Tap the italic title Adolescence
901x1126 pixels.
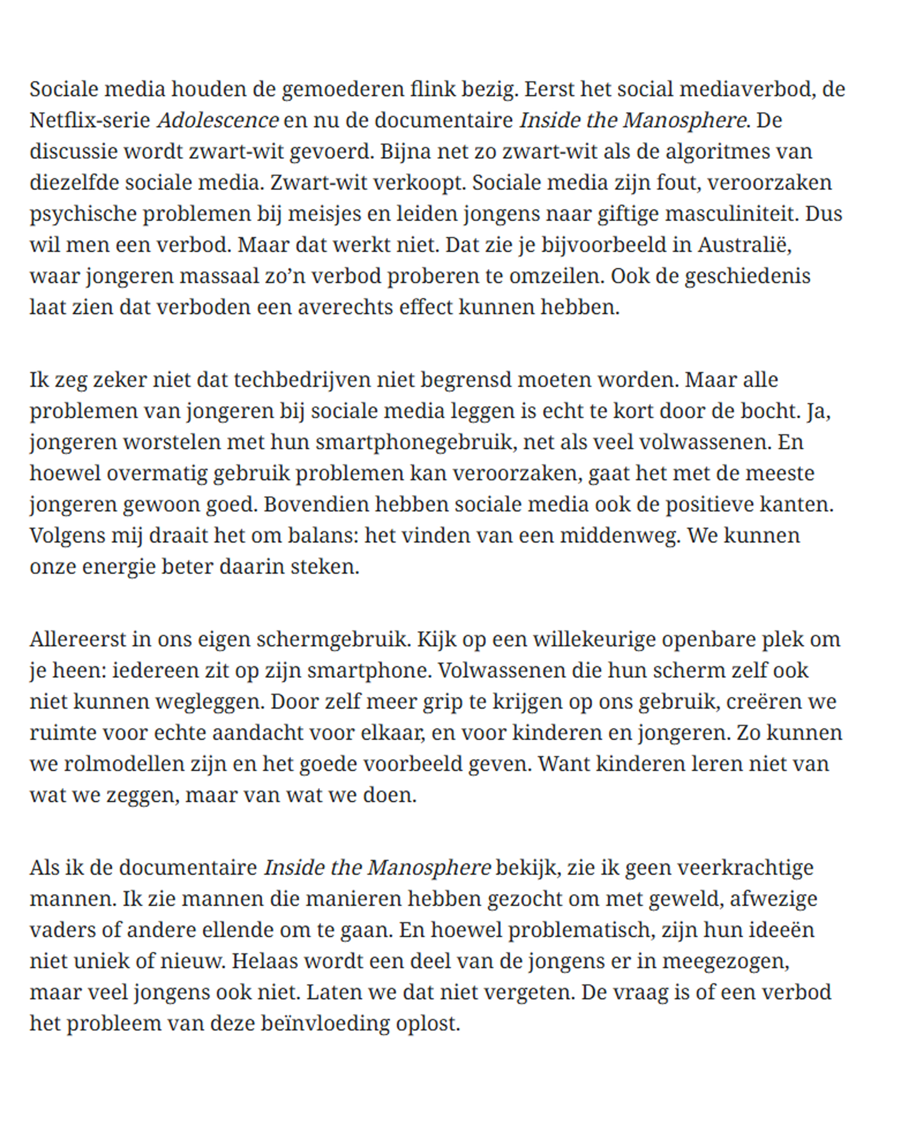pos(218,121)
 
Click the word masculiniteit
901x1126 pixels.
pos(732,213)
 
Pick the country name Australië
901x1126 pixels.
pos(744,245)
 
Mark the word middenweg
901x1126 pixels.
pos(620,536)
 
